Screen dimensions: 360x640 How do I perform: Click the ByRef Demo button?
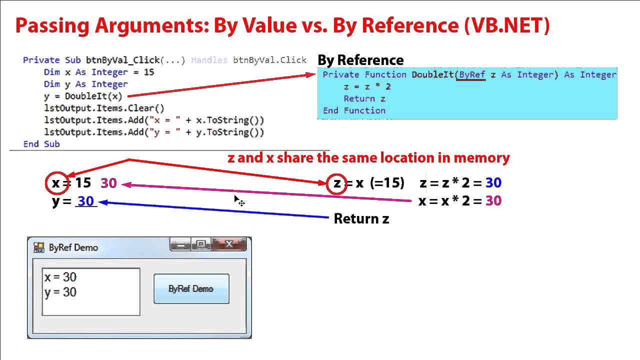click(191, 288)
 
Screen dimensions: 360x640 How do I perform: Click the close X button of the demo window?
click(229, 244)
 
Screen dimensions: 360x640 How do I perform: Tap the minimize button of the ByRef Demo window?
click(180, 244)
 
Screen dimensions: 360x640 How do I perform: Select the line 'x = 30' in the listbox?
click(60, 277)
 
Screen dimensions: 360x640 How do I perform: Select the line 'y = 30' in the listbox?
click(60, 292)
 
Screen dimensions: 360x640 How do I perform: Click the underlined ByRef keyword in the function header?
click(472, 74)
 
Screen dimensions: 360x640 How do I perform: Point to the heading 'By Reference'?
click(360, 60)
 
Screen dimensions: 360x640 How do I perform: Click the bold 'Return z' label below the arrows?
click(361, 218)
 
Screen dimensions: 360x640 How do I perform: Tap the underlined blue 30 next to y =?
click(86, 201)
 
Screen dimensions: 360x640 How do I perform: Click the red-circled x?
click(55, 183)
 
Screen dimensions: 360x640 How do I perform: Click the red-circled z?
click(337, 183)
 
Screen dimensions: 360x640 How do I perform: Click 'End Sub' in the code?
click(41, 144)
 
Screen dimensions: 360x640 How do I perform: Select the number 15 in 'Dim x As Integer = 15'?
click(148, 72)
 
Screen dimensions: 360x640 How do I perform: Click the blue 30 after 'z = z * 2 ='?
click(493, 183)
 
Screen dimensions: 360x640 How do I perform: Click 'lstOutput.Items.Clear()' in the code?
click(104, 108)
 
